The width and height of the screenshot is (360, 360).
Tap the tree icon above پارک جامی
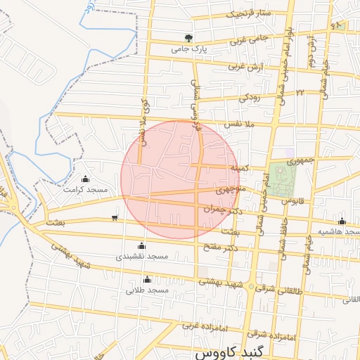point(188,38)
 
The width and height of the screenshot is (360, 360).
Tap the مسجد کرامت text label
point(84,190)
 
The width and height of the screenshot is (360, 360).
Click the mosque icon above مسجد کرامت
point(86,179)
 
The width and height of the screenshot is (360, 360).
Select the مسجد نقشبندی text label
point(143,257)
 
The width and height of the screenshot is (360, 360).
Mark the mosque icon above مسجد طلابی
point(147,279)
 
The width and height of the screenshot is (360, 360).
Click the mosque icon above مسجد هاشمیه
point(342,221)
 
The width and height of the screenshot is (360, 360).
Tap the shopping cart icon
point(115,217)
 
